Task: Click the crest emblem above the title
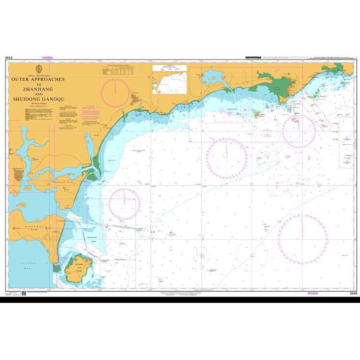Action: click(39, 68)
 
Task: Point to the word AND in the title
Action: click(39, 94)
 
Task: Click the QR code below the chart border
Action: click(23, 294)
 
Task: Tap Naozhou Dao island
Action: click(79, 269)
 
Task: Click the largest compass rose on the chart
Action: click(302, 240)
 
